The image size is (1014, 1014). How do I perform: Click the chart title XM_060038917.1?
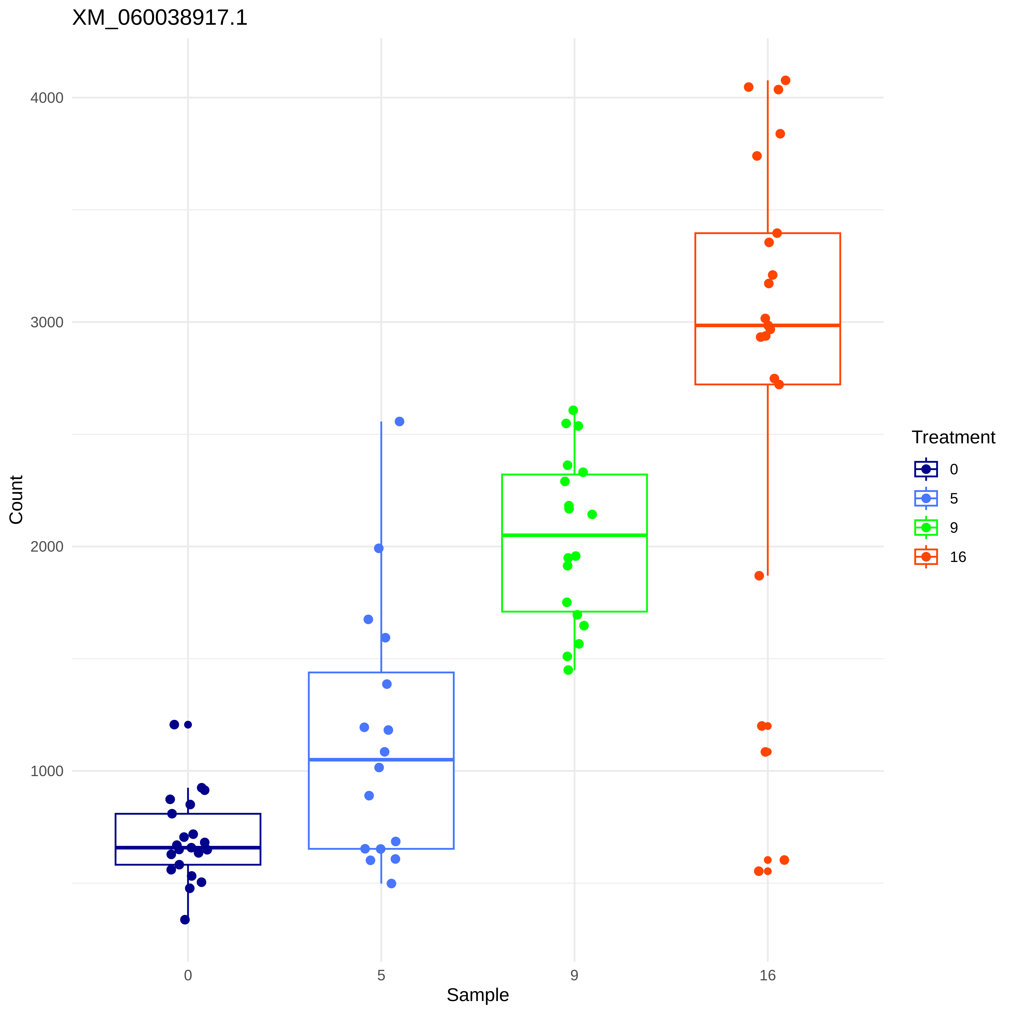160,18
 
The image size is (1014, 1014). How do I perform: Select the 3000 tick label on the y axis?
47,322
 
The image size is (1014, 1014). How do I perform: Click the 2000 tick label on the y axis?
47,546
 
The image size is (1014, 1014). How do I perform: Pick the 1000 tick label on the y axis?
47,771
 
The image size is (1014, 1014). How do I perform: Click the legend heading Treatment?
953,437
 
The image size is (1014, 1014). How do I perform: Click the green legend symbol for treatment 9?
926,527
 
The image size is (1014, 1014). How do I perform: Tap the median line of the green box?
574,535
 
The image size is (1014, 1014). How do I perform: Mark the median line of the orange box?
767,325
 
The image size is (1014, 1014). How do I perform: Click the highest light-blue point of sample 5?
399,421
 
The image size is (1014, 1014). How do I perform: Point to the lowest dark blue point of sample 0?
185,919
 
